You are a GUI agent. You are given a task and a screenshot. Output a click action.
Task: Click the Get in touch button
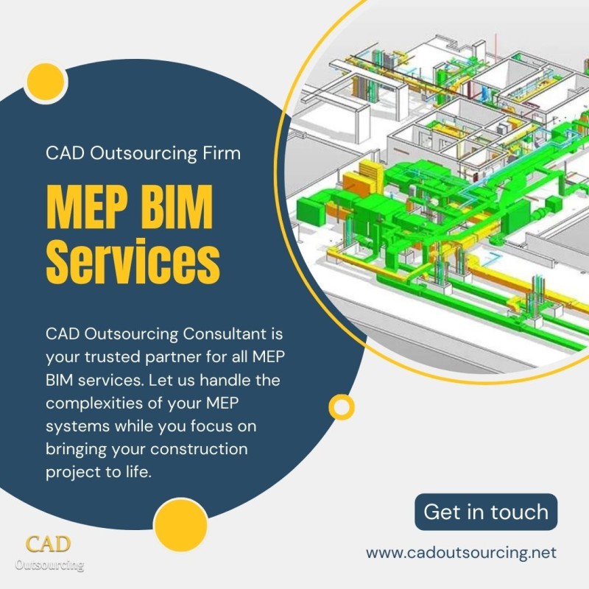pyautogui.click(x=486, y=512)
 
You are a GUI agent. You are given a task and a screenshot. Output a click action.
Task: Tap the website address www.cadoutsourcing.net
pyautogui.click(x=462, y=553)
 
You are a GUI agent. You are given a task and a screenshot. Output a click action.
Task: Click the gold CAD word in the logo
pyautogui.click(x=48, y=544)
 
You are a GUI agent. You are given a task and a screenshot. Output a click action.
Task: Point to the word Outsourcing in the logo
pyautogui.click(x=49, y=565)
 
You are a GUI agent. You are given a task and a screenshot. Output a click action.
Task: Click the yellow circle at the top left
pyautogui.click(x=46, y=82)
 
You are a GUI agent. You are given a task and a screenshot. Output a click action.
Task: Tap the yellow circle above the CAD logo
pyautogui.click(x=180, y=525)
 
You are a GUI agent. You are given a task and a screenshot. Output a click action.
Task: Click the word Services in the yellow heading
pyautogui.click(x=133, y=261)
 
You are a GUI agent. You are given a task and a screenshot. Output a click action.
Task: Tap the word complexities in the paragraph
pyautogui.click(x=94, y=403)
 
